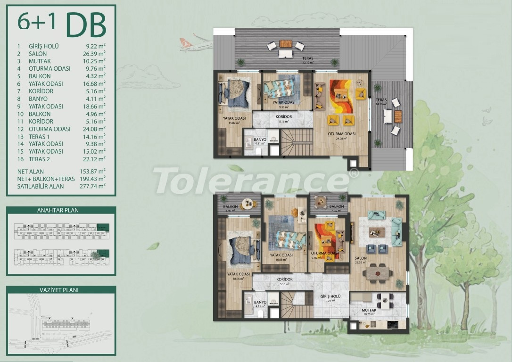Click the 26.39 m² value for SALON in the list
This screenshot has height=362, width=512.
tap(95, 54)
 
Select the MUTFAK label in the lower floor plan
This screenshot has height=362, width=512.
tap(369, 310)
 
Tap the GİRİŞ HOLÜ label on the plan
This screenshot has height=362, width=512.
tap(330, 296)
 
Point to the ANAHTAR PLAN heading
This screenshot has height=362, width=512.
tap(61, 210)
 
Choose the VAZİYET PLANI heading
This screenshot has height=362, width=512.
tap(61, 290)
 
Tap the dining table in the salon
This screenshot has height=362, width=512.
tap(380, 271)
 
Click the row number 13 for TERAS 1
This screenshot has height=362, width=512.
tap(20, 136)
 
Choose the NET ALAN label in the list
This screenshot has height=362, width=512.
tap(31, 171)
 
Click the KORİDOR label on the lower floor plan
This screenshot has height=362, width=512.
tap(284, 280)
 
